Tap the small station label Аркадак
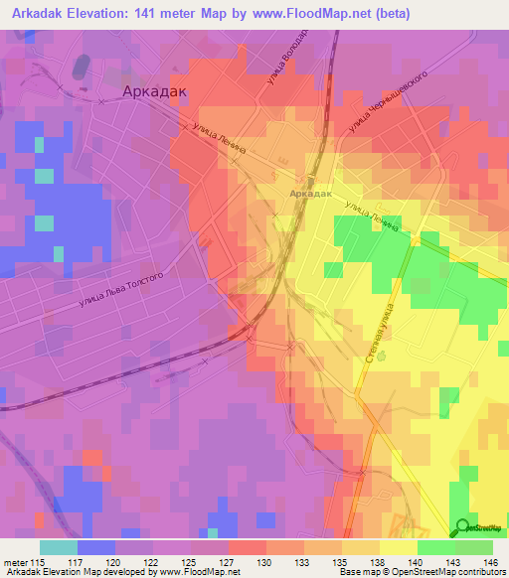coord(305,193)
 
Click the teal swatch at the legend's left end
coord(59,547)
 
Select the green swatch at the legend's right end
coord(474,547)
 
